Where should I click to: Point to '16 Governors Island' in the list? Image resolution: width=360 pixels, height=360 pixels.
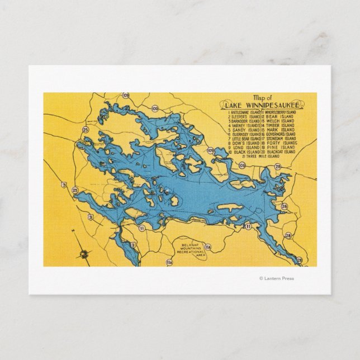(278, 134)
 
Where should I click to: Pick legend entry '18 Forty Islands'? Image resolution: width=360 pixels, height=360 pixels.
(278, 143)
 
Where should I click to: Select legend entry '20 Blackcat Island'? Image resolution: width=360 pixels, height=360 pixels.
(278, 152)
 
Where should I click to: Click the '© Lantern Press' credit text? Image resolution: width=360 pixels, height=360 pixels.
(277, 278)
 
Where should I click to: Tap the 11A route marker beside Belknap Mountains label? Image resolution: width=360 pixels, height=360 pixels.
(208, 247)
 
